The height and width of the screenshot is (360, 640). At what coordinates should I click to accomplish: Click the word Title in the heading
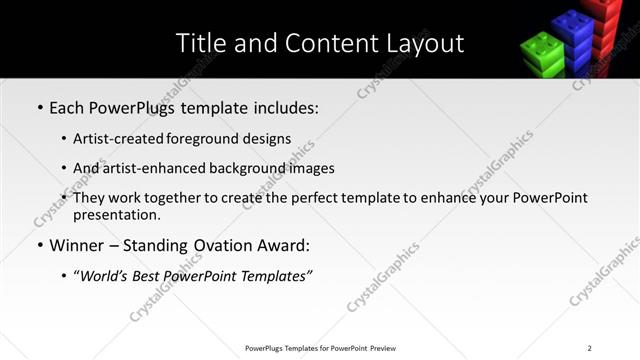[200, 43]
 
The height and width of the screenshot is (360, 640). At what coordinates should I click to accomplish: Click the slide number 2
[589, 347]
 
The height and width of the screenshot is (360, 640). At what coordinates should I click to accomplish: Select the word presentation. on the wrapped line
[116, 214]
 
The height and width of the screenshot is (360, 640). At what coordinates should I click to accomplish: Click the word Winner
[79, 245]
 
